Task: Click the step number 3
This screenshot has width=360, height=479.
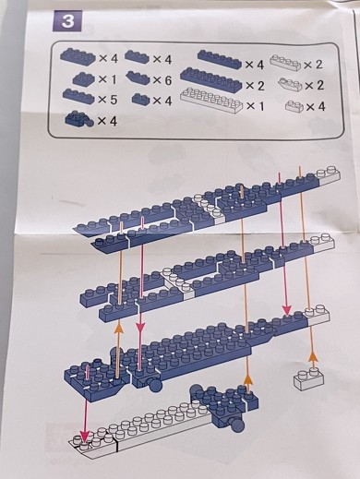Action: click(67, 21)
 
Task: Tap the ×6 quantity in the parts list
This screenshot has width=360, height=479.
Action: click(162, 80)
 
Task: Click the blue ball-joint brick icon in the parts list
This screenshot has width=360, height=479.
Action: click(78, 119)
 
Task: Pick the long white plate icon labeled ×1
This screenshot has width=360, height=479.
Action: click(211, 100)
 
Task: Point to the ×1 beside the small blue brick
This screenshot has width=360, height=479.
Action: click(107, 79)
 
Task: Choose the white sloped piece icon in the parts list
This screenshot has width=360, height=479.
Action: click(290, 84)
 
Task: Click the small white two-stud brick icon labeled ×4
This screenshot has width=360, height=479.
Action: click(294, 106)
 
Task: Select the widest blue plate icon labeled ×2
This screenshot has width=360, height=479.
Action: click(211, 79)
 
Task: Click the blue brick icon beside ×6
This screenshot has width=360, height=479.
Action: click(138, 78)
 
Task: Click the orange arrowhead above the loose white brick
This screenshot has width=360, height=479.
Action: click(313, 358)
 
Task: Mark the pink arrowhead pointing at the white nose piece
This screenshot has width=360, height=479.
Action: click(85, 437)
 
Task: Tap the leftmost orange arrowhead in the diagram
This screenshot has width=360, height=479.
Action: click(117, 329)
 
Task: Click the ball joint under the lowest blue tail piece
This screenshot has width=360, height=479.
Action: click(237, 425)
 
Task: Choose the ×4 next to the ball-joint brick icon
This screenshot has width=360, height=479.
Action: click(107, 121)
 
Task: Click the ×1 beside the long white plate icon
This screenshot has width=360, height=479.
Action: click(256, 106)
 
